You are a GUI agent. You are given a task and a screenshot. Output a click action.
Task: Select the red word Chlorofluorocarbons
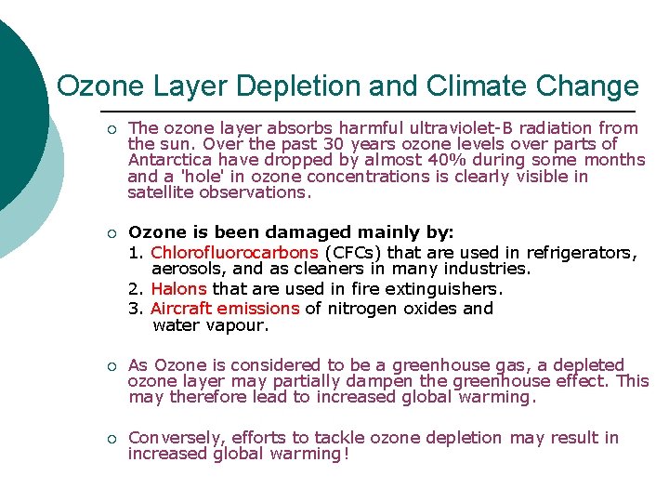point(234,253)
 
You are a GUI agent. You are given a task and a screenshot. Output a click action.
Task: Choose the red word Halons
point(178,289)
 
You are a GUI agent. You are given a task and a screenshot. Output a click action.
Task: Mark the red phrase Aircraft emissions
point(225,308)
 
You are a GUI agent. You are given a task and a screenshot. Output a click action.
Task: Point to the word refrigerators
point(581,253)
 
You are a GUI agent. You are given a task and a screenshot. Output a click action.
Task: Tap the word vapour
point(237,325)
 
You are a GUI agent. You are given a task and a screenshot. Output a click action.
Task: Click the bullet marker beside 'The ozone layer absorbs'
point(111,129)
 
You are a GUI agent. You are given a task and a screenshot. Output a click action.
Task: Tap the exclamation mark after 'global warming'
point(346,454)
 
